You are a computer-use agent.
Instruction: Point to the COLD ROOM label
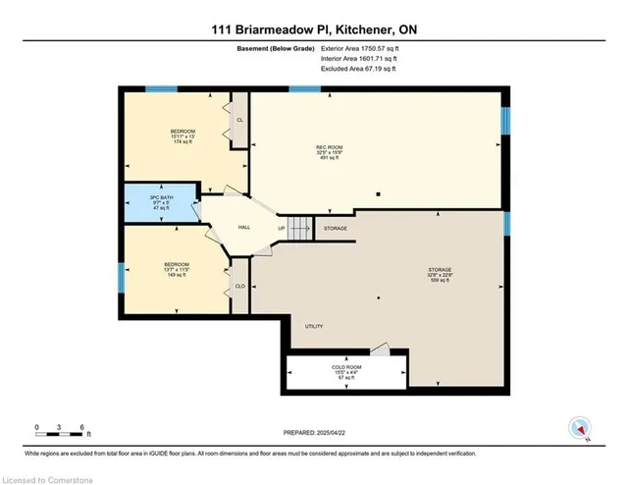344,370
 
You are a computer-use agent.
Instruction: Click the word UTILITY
314,327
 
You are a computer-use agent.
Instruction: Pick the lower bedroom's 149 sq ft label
176,275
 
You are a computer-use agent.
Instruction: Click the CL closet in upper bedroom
239,120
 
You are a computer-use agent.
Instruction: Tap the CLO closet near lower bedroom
238,287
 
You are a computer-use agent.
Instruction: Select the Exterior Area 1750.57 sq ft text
363,48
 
